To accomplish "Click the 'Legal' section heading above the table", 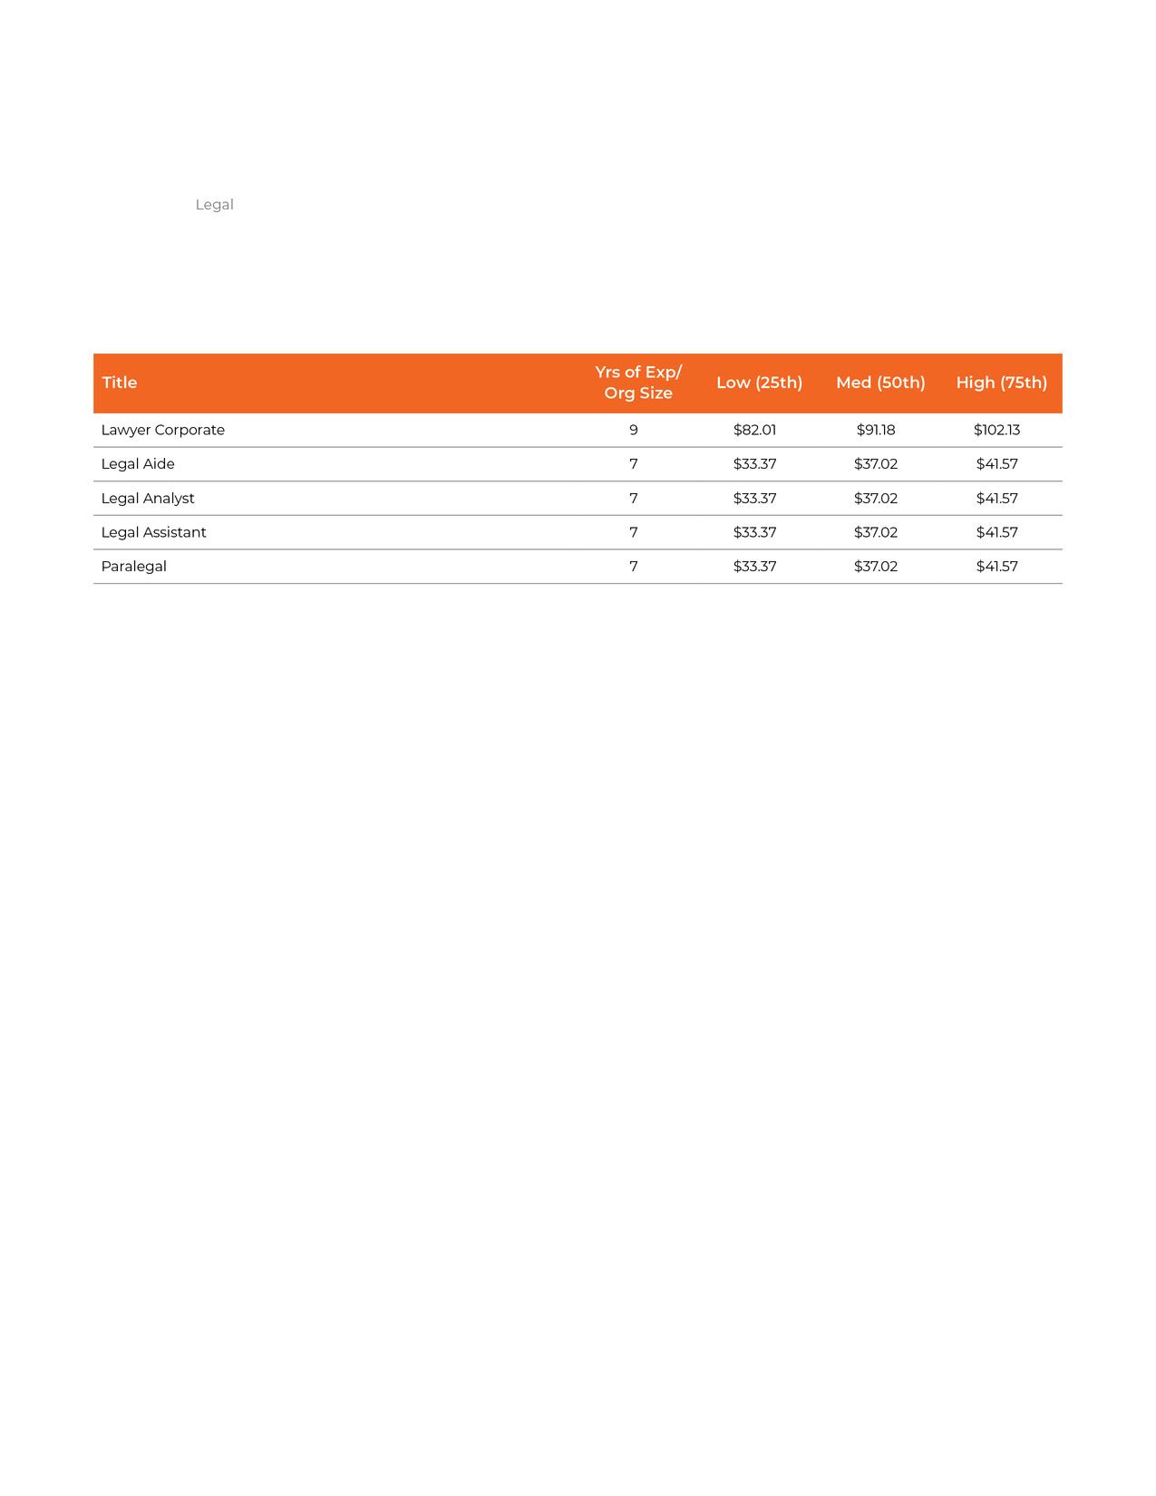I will click(x=214, y=205).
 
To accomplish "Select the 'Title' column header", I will click(x=120, y=383).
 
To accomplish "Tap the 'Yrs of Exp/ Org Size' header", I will click(x=638, y=383).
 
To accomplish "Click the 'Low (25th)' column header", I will click(x=759, y=383).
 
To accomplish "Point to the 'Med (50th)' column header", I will click(x=880, y=383).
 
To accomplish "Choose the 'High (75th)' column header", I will click(x=1001, y=383).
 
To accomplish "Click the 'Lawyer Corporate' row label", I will click(x=163, y=430).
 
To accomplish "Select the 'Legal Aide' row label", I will click(x=138, y=464).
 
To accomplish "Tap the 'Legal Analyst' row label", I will click(x=148, y=499).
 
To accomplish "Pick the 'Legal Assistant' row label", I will click(x=154, y=532).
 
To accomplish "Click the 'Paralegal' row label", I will click(x=134, y=567).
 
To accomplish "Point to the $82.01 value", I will click(x=754, y=430).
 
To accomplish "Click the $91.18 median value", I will click(x=876, y=430).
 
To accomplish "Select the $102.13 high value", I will click(x=996, y=430).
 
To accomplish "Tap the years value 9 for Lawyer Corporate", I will click(x=634, y=430).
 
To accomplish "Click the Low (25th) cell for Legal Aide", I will click(x=754, y=464).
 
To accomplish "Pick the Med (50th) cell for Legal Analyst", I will click(x=876, y=499).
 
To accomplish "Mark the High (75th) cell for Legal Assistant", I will click(x=996, y=532).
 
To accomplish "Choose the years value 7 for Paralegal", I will click(x=634, y=567).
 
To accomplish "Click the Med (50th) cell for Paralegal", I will click(x=876, y=567).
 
